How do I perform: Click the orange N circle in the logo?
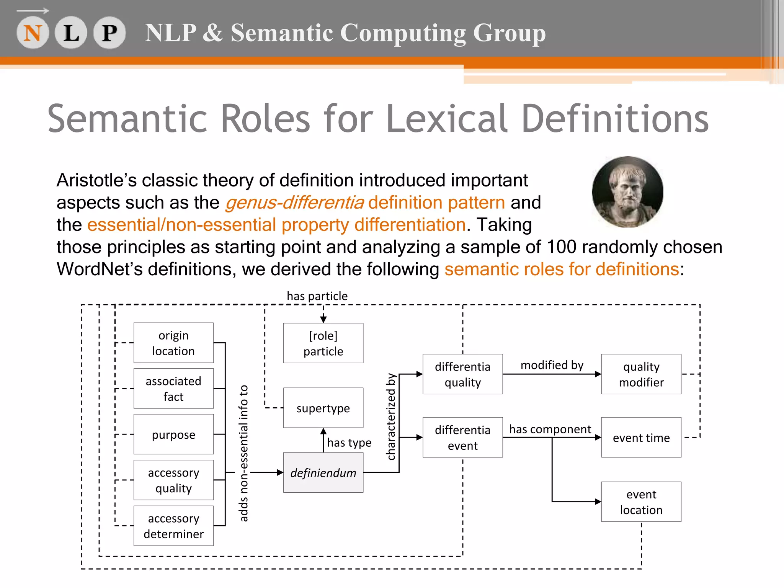pos(33,33)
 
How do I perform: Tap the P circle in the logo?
pos(109,33)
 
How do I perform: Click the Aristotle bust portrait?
pos(627,192)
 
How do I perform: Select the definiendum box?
pos(323,473)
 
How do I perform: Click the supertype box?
pos(323,408)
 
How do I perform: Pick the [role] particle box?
pos(323,343)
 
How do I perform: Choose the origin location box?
pos(173,343)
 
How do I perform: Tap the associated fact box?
pos(173,389)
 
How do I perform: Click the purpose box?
pos(173,434)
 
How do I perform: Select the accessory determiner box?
pos(173,526)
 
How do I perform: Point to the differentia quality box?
pos(462,374)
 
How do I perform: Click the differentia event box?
pos(462,438)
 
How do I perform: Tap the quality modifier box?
pos(641,374)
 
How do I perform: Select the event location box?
pos(641,502)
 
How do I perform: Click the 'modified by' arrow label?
pos(552,365)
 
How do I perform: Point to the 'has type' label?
pos(349,443)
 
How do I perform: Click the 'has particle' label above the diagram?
pos(317,296)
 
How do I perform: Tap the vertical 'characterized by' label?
pos(391,416)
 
